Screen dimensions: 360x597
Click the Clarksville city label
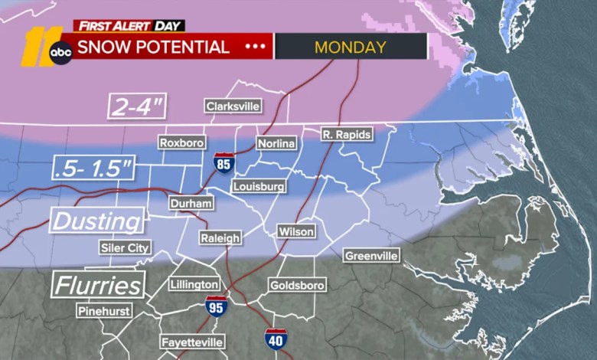tap(232, 106)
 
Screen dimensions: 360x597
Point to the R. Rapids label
tap(346, 135)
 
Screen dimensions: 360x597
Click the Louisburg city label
tap(259, 186)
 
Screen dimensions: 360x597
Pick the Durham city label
tap(190, 203)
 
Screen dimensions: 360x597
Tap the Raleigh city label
tap(220, 238)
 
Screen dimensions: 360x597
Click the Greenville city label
tap(370, 255)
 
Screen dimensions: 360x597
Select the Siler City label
tap(126, 247)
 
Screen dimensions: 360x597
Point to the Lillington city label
tap(194, 284)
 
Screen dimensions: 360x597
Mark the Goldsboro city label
tap(297, 285)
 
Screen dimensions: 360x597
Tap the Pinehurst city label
tap(103, 311)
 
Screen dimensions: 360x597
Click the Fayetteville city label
tap(192, 342)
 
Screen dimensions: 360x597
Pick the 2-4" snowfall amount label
tap(137, 106)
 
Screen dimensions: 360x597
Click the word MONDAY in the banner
tap(350, 47)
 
